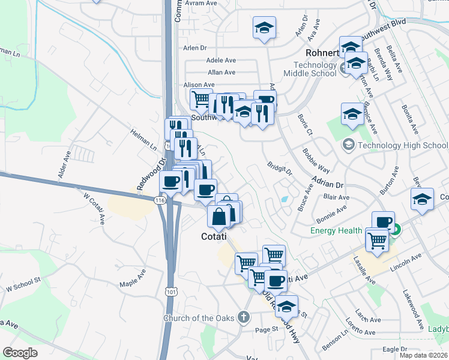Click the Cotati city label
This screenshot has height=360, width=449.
(x=214, y=237)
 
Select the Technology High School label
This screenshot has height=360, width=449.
(x=402, y=145)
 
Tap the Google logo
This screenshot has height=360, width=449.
(x=20, y=353)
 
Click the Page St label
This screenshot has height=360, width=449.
(x=267, y=329)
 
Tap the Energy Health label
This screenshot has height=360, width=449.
(x=336, y=230)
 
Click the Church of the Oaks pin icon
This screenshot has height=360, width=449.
(x=243, y=316)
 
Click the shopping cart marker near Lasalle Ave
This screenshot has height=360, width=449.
(x=376, y=239)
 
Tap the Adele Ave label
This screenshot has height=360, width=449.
(x=221, y=60)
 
